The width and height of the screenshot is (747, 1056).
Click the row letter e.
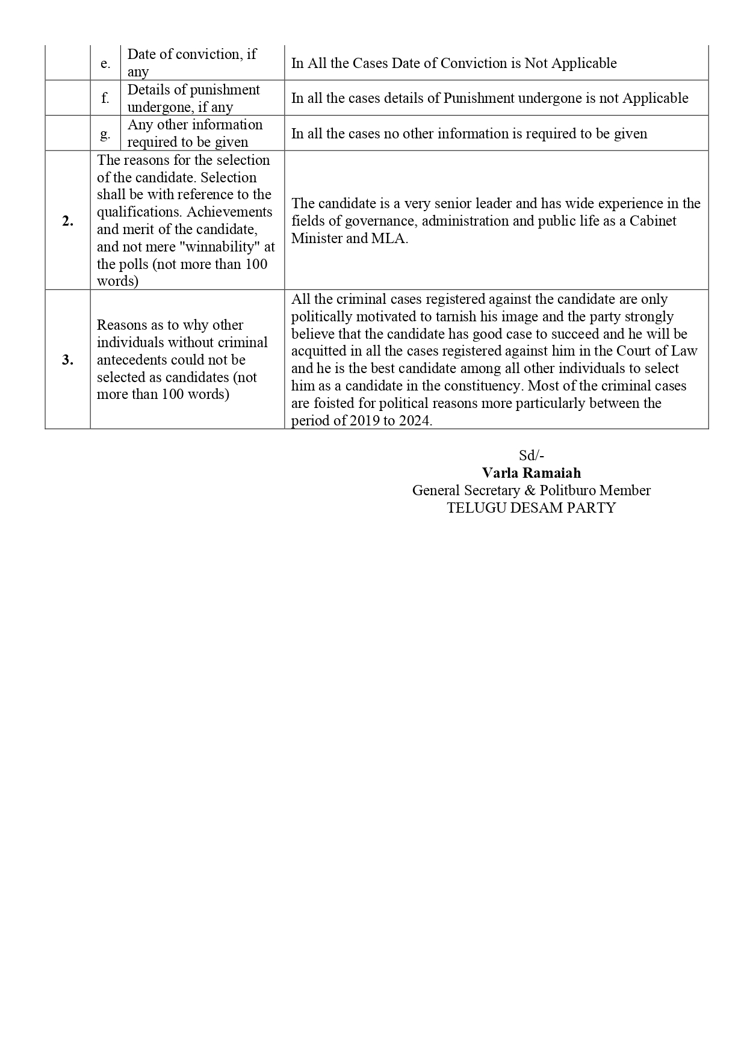[105, 63]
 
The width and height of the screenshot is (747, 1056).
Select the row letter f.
[105, 98]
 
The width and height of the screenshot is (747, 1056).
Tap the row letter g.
[105, 134]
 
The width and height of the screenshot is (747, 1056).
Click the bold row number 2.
[67, 221]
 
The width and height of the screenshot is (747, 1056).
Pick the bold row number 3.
[67, 360]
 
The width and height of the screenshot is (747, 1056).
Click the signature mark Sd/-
[532, 455]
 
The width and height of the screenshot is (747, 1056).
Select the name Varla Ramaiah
[532, 473]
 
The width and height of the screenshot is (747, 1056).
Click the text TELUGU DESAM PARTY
[532, 508]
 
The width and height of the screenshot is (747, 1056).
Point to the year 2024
[415, 421]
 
